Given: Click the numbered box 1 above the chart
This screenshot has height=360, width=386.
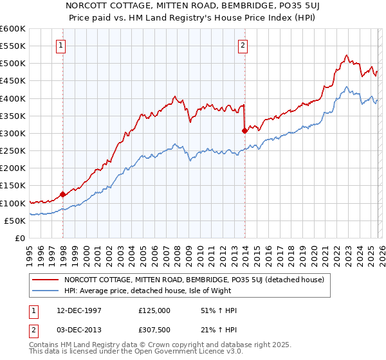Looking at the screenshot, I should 60,46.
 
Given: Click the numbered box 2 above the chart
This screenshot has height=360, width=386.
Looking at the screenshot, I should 243,46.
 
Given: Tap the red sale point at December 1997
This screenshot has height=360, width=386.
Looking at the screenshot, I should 62,194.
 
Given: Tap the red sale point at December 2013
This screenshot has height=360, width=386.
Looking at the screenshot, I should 244,130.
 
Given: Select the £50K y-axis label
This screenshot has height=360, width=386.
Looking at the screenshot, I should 15,221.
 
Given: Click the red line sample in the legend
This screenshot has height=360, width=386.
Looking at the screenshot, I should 45,280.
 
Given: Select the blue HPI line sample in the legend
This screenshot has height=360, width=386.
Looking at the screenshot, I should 45,291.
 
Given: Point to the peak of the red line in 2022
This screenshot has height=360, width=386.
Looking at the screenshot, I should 346,55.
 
